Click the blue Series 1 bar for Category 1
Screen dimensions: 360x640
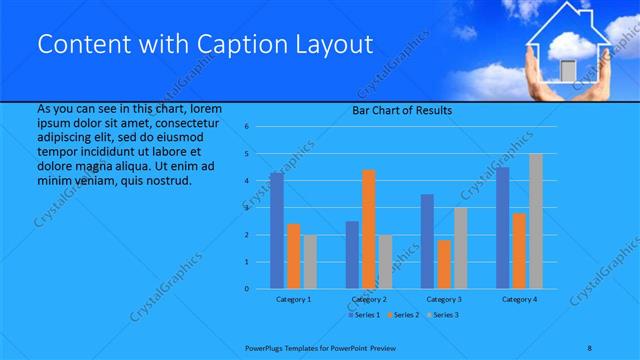coord(276,230)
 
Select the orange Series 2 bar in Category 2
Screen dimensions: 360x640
coord(368,229)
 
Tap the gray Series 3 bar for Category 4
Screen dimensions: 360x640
coord(536,221)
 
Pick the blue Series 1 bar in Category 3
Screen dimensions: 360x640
coord(427,241)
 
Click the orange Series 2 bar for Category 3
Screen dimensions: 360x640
coord(443,264)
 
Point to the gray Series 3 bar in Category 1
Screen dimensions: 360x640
coord(310,262)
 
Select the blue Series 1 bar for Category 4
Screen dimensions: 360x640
coord(502,228)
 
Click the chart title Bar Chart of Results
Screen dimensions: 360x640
coord(401,110)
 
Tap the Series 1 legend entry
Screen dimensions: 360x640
coord(364,315)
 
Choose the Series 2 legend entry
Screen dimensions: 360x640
coord(402,315)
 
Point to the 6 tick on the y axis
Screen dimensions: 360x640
coord(246,128)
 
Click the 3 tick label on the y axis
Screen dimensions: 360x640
coord(246,208)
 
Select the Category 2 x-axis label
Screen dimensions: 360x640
coord(368,299)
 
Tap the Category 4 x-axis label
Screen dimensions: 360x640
coord(519,299)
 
